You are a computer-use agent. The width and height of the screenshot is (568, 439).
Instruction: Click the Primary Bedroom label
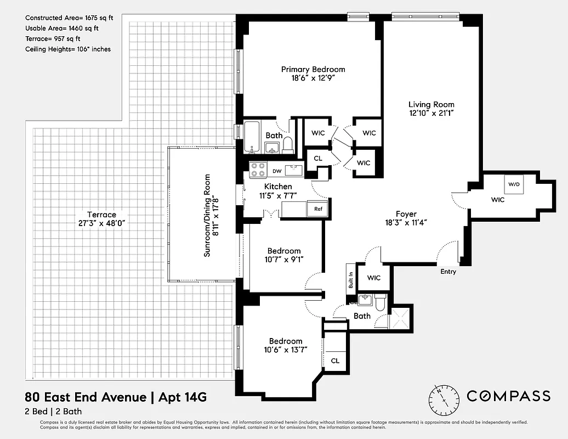point(313,69)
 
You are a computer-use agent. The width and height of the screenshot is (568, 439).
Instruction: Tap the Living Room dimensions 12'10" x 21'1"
point(431,113)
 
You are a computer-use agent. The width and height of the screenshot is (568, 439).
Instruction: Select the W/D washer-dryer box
point(514,184)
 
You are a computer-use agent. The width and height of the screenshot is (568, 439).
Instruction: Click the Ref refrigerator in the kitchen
point(318,209)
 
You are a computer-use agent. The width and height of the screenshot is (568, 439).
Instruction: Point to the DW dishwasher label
point(277,171)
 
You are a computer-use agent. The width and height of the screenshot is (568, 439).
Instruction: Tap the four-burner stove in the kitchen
point(257,170)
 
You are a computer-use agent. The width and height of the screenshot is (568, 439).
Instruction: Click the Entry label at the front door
point(448,272)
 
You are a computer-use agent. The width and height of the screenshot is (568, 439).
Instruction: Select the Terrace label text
point(101,215)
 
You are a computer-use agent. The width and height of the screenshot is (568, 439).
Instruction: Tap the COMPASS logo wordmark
point(508,396)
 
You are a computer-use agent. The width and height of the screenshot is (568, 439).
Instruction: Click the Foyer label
point(406,214)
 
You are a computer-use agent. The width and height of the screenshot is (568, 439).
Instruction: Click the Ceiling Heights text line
point(68,49)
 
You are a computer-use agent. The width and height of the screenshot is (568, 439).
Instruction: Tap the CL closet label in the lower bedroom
point(335,361)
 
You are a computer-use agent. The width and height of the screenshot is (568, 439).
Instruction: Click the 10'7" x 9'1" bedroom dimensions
point(284,260)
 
